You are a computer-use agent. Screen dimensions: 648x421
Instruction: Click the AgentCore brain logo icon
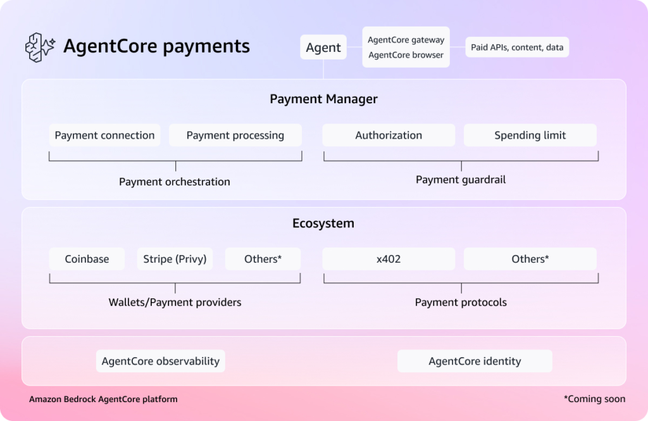tap(40, 47)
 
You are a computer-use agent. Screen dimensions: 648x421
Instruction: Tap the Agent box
tap(323, 47)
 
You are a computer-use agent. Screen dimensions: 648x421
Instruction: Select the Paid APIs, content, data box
tap(517, 47)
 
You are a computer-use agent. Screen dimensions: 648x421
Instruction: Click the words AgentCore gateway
tap(406, 40)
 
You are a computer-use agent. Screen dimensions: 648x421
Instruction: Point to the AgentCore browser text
tap(406, 55)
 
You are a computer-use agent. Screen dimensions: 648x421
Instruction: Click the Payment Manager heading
tap(323, 99)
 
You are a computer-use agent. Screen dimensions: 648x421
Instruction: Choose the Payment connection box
tap(104, 135)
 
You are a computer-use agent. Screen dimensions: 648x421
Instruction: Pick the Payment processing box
tap(235, 135)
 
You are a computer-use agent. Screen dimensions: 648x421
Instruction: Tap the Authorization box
tap(389, 135)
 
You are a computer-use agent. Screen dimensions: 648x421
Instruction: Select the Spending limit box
tap(530, 135)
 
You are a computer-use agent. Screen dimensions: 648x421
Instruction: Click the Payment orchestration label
tap(175, 182)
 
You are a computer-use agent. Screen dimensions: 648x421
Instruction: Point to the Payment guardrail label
tap(461, 180)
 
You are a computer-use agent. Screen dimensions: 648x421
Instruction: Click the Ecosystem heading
tap(323, 223)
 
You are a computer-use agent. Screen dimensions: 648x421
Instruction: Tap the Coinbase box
tap(87, 259)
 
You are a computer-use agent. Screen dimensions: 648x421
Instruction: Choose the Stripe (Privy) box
tap(175, 259)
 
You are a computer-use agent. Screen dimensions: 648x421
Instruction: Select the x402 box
tap(389, 259)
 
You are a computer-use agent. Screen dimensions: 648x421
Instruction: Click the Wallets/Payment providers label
tap(175, 303)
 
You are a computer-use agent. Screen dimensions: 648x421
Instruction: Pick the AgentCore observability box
tap(161, 361)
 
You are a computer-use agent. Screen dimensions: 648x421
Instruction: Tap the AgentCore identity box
tap(475, 361)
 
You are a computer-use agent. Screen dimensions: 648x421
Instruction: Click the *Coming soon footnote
tap(595, 399)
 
